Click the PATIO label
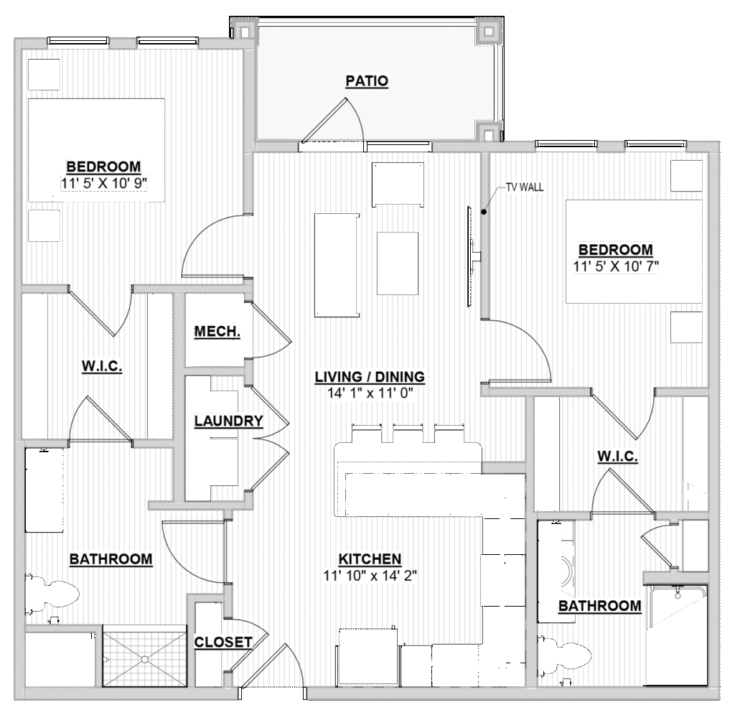367,81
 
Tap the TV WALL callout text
525,187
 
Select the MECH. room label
217,332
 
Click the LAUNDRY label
229,421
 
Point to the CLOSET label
223,642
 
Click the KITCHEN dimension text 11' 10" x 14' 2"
370,575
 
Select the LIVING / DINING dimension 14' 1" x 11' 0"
370,393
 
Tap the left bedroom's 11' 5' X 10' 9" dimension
104,183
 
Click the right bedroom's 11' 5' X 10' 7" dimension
615,266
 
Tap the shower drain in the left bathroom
144,659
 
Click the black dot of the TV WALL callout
484,212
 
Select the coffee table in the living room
398,263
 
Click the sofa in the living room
337,266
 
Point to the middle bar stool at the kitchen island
408,433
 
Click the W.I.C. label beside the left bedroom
102,365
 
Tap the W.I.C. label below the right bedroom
617,456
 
